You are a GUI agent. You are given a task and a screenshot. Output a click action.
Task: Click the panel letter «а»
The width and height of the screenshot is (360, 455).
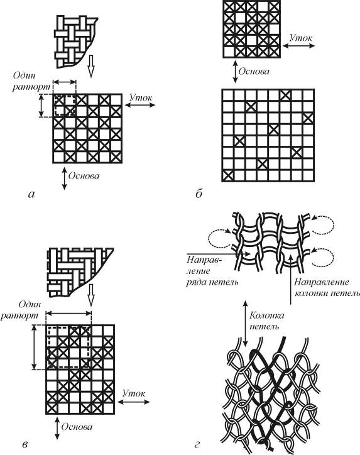31,194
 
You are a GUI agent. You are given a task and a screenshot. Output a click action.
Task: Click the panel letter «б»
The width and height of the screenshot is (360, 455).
199,194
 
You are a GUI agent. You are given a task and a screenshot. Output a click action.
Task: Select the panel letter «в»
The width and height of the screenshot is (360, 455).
25,444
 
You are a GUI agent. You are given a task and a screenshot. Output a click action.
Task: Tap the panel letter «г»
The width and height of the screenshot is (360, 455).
197,444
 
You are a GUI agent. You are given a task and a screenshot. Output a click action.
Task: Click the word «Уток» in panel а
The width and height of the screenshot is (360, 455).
141,97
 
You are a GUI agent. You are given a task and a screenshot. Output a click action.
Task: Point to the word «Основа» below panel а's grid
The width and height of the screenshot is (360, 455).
84,175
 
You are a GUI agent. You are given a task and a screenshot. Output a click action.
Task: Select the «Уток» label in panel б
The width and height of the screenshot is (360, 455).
301,38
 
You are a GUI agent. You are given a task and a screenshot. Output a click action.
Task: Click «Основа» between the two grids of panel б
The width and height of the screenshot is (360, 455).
254,72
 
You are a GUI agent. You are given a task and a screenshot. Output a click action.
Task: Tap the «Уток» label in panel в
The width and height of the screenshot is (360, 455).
134,393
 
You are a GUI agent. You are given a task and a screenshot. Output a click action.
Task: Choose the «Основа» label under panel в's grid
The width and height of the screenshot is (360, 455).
77,427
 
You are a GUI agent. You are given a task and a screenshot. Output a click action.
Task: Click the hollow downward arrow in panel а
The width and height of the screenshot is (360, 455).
91,66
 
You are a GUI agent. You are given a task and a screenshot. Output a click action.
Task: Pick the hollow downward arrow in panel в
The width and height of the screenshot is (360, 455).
91,295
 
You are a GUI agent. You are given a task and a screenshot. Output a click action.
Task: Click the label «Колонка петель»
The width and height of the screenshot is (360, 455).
266,321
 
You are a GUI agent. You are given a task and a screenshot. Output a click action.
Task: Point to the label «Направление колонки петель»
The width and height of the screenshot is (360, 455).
326,287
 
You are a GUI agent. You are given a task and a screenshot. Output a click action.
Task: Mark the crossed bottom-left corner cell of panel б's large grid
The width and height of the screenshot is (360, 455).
227,176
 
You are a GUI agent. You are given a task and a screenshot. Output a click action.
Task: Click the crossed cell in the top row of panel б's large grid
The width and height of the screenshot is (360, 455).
285,95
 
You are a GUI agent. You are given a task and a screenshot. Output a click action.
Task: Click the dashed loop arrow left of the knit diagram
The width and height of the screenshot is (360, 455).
217,239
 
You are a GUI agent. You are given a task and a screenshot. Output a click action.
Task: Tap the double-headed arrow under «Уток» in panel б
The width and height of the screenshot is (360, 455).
298,45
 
